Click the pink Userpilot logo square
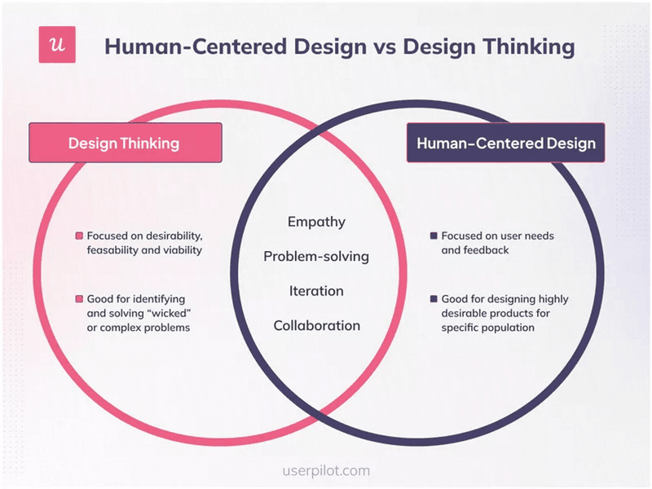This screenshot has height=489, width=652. tap(57, 45)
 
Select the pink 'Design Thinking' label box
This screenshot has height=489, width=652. tap(125, 143)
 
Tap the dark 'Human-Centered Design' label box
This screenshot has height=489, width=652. tap(506, 143)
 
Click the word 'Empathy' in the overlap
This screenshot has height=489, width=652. tap(316, 222)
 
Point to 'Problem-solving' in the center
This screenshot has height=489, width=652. tap(316, 257)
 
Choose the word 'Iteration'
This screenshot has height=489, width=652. tap(316, 291)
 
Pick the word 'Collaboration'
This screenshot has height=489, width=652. tap(316, 326)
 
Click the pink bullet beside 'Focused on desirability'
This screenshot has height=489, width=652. tap(79, 236)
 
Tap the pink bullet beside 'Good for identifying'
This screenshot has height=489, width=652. tap(79, 298)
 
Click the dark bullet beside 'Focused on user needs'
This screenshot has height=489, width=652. tap(434, 236)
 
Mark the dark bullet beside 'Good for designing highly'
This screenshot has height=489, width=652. tap(434, 298)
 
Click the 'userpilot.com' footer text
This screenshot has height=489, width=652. tap(325, 470)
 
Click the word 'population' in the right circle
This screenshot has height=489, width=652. tap(506, 328)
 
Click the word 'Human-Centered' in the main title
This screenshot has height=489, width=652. tap(178, 46)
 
